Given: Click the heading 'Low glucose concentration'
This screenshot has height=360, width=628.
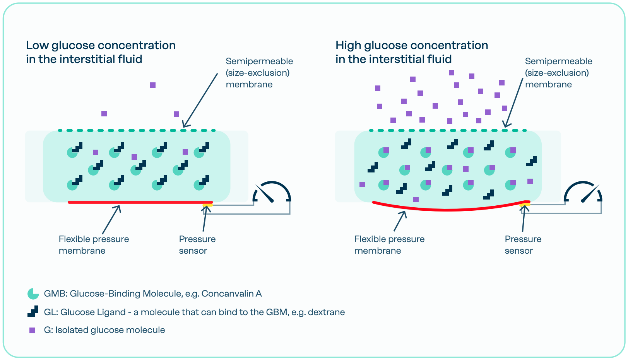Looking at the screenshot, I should (x=101, y=46).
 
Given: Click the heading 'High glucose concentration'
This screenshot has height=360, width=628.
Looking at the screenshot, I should (x=411, y=46).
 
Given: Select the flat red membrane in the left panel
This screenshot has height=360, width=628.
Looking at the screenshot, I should (x=139, y=202).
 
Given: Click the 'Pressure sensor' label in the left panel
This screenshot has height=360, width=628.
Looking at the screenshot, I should (x=197, y=245).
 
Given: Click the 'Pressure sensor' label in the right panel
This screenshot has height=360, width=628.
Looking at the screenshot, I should (x=523, y=245).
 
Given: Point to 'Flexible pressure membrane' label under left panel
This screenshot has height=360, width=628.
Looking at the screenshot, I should (x=94, y=245).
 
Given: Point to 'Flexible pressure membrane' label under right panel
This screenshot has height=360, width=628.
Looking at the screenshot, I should (x=389, y=245).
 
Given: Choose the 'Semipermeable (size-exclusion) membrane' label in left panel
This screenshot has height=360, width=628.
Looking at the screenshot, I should (x=259, y=73).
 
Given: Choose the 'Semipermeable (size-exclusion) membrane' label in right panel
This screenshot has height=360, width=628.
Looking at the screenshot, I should (x=558, y=73).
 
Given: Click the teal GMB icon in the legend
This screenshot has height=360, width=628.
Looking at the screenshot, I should (x=33, y=294).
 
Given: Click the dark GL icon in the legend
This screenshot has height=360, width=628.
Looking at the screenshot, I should (x=33, y=311).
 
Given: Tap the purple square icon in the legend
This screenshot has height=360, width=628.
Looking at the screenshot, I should (x=33, y=330).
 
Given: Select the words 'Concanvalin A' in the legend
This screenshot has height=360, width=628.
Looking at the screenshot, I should (x=231, y=294).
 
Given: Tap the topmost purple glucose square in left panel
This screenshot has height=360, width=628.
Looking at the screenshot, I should (x=153, y=85).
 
